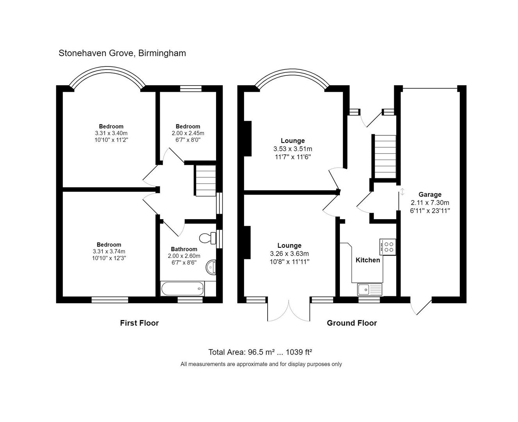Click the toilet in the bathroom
pyautogui.click(x=207, y=238)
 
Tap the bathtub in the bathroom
pyautogui.click(x=182, y=289)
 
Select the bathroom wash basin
pyautogui.click(x=211, y=267)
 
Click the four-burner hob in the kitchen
pyautogui.click(x=388, y=247)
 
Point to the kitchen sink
pyautogui.click(x=370, y=289)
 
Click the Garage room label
pyautogui.click(x=430, y=194)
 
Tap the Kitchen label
pyautogui.click(x=368, y=260)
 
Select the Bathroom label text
pyautogui.click(x=184, y=249)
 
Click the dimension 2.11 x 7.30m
pyautogui.click(x=430, y=203)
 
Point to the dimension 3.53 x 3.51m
pyautogui.click(x=293, y=149)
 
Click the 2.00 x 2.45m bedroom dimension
pyautogui.click(x=188, y=133)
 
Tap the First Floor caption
pyautogui.click(x=139, y=323)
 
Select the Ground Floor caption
pyautogui.click(x=352, y=323)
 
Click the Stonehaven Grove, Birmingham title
pyautogui.click(x=122, y=53)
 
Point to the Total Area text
pyautogui.click(x=260, y=352)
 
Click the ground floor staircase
pyautogui.click(x=385, y=157)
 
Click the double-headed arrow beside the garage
pyautogui.click(x=402, y=192)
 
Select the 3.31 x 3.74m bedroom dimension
pyautogui.click(x=109, y=252)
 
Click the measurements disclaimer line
pyautogui.click(x=261, y=364)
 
